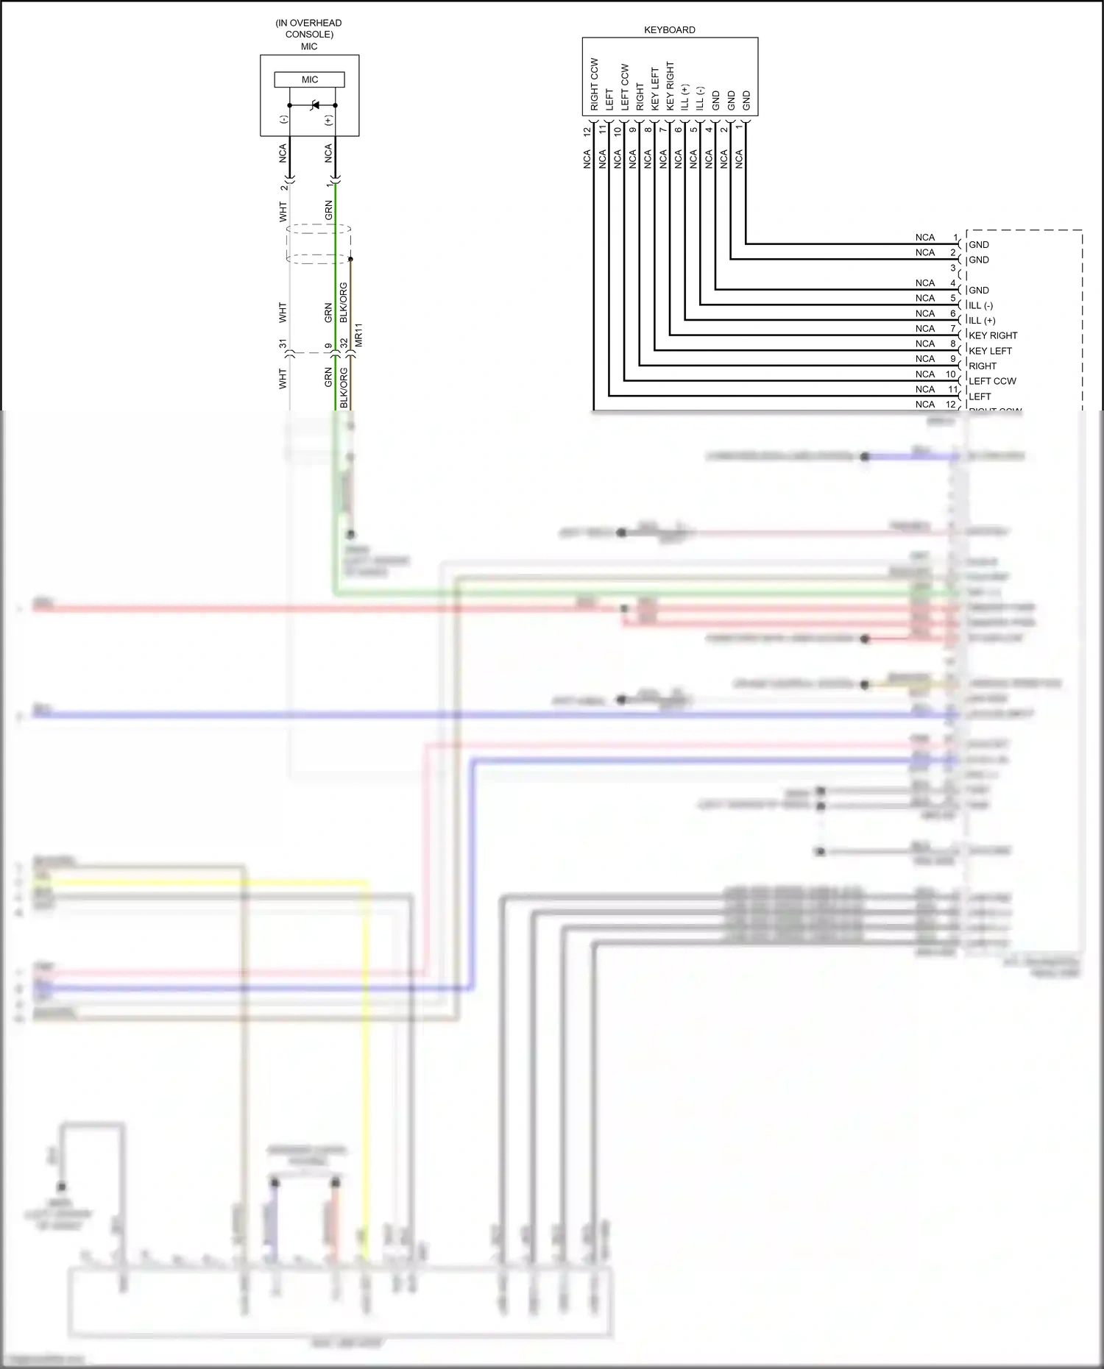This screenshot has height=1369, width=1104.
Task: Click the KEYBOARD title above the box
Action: (x=669, y=30)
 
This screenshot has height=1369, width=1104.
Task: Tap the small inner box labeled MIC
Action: (x=309, y=79)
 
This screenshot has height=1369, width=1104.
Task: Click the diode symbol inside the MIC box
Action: (x=316, y=105)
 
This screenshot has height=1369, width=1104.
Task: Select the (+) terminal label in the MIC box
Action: (x=329, y=120)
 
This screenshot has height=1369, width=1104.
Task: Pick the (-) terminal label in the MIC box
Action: (x=283, y=120)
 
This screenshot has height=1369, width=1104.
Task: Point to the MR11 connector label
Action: (x=359, y=335)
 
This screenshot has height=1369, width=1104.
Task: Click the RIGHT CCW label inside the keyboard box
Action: (x=594, y=84)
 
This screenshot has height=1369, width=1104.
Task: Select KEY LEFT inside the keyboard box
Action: (x=654, y=89)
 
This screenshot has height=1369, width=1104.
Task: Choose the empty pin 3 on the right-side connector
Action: (x=953, y=269)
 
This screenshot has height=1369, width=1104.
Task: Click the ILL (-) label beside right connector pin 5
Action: (x=980, y=305)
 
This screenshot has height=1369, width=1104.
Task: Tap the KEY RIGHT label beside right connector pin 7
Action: (x=993, y=335)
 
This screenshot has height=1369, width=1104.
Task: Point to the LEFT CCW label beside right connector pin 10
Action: (x=992, y=381)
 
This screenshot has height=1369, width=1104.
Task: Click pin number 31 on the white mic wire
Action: (x=283, y=344)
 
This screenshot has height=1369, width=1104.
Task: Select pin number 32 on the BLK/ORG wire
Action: (x=344, y=344)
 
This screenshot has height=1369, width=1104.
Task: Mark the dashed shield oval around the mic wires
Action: (x=318, y=244)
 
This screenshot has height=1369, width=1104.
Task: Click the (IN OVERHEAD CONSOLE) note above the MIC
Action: (x=308, y=29)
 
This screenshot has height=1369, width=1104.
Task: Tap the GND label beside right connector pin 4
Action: (x=979, y=291)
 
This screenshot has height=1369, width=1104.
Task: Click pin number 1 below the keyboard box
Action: (x=739, y=128)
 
